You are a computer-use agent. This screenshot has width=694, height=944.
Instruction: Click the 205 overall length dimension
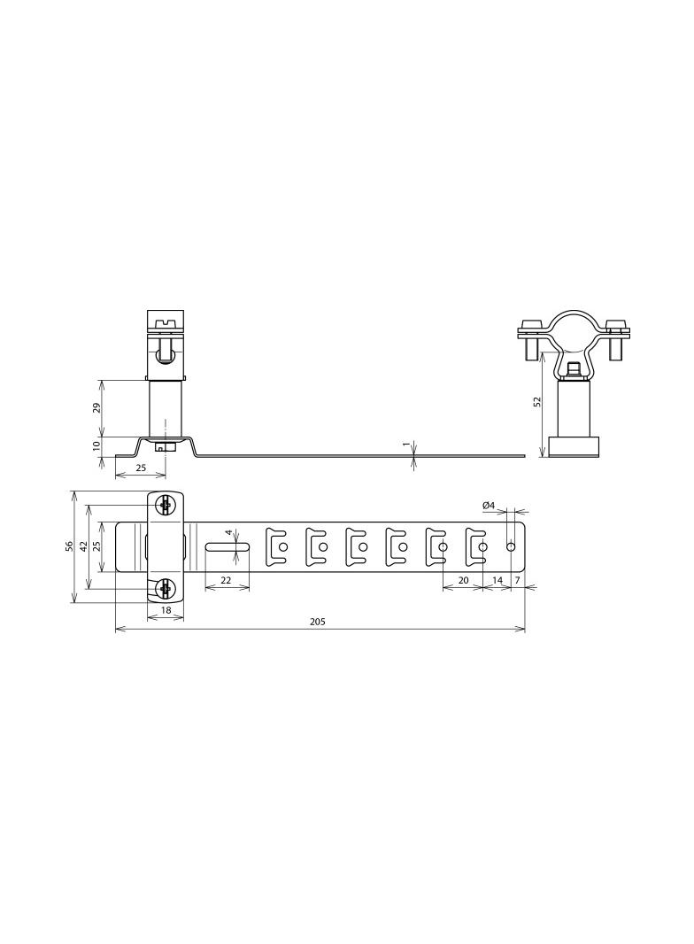pyautogui.click(x=318, y=622)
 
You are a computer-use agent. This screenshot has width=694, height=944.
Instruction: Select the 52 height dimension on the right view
pyautogui.click(x=537, y=401)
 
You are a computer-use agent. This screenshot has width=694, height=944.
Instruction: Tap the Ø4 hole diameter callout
pyautogui.click(x=488, y=505)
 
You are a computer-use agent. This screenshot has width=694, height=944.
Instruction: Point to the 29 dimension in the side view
pyautogui.click(x=96, y=407)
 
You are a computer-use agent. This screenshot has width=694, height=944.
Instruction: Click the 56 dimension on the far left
pyautogui.click(x=69, y=546)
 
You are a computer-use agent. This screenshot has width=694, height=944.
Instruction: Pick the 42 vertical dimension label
pyautogui.click(x=84, y=546)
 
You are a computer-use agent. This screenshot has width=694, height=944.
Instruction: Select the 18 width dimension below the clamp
pyautogui.click(x=165, y=611)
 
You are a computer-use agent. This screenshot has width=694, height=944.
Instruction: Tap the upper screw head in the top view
pyautogui.click(x=165, y=505)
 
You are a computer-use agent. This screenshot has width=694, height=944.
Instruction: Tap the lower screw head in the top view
pyautogui.click(x=165, y=588)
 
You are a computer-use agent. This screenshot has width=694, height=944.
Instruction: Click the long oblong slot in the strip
pyautogui.click(x=226, y=547)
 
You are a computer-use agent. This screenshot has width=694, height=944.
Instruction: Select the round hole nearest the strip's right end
pyautogui.click(x=511, y=547)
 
